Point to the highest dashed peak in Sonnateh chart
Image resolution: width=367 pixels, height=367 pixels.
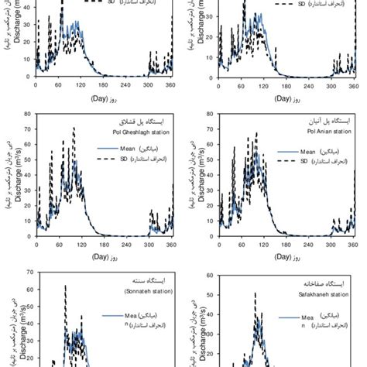[64, 286]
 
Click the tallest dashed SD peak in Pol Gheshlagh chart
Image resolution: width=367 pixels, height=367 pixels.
[74, 129]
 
